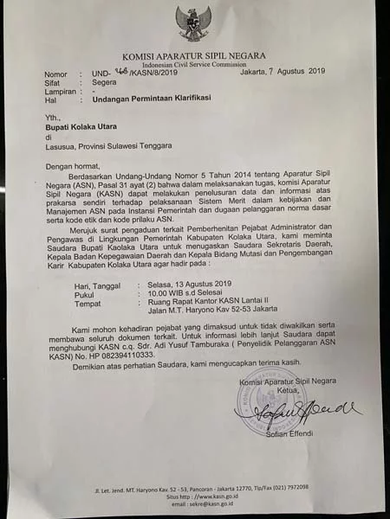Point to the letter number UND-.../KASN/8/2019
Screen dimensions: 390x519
139,74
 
